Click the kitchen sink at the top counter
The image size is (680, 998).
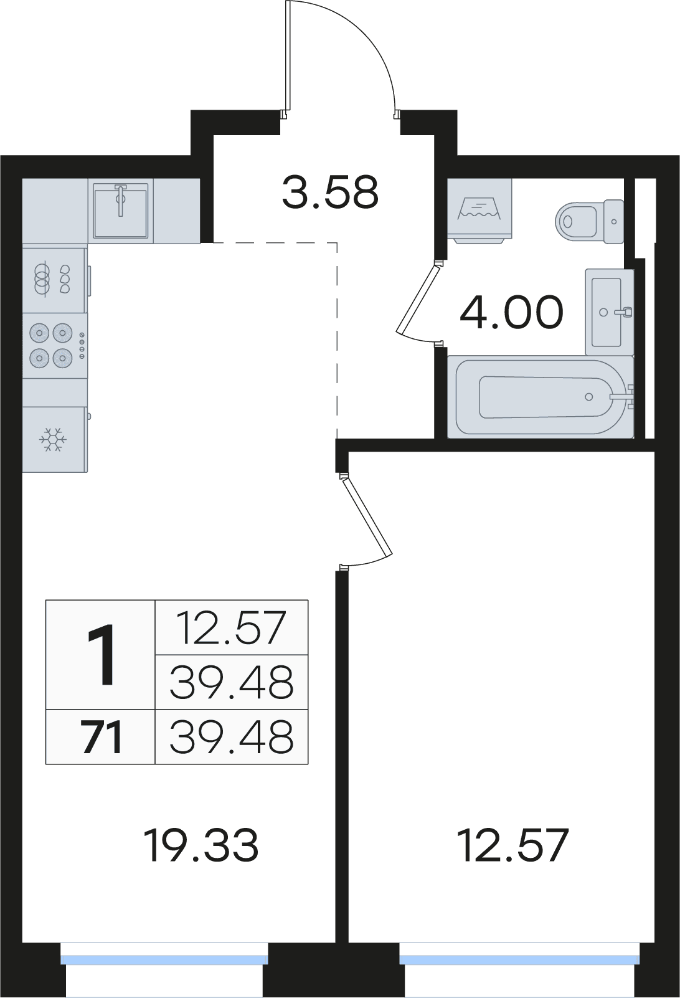coord(120,211)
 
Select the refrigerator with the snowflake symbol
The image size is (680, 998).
coord(55,439)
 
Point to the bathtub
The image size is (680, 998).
coord(541,397)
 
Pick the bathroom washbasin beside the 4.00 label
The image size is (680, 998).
coord(610,312)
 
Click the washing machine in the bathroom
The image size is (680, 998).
coord(479,211)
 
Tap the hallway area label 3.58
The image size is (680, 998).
coord(331,194)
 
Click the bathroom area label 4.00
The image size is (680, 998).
coord(512,312)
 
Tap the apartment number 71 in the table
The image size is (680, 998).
coord(102,738)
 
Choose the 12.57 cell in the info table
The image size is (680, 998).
coord(231,628)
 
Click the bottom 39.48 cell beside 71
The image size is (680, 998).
coord(231,736)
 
